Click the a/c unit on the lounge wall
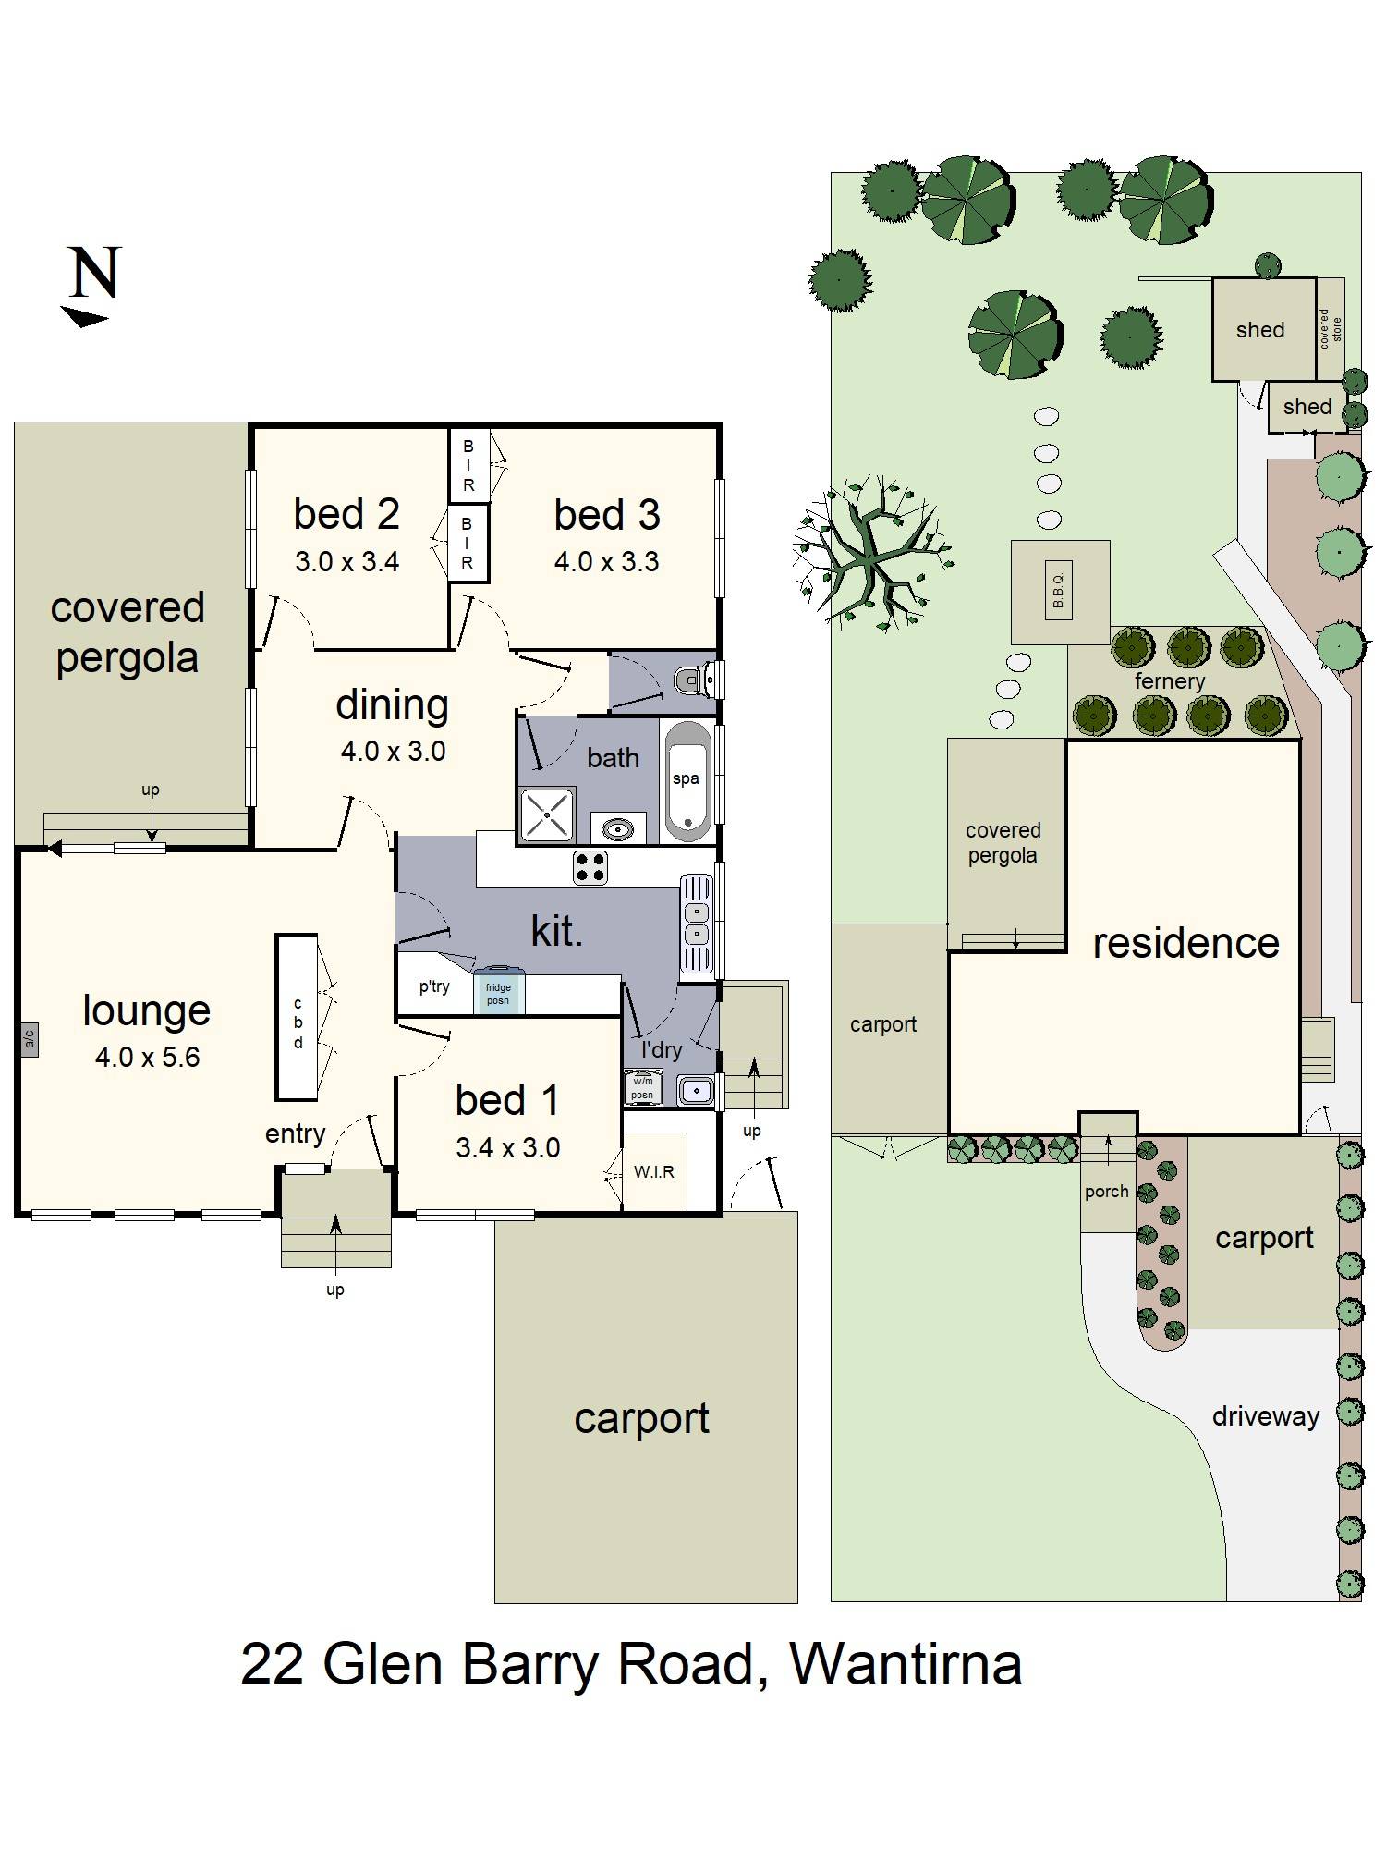pyautogui.click(x=30, y=1040)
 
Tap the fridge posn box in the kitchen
pyautogui.click(x=499, y=992)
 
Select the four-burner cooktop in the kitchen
pyautogui.click(x=590, y=867)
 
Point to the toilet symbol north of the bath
pyautogui.click(x=698, y=681)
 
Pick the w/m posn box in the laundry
pyautogui.click(x=642, y=1087)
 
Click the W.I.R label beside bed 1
pyautogui.click(x=654, y=1172)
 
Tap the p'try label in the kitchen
pyautogui.click(x=434, y=986)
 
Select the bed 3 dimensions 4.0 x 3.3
pyautogui.click(x=606, y=562)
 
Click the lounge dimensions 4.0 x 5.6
pyautogui.click(x=148, y=1057)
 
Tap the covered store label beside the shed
pyautogui.click(x=1331, y=329)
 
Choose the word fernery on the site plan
pyautogui.click(x=1170, y=681)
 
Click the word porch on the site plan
pyautogui.click(x=1107, y=1193)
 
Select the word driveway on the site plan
pyautogui.click(x=1266, y=1416)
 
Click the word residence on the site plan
pyautogui.click(x=1186, y=943)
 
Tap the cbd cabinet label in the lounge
pyautogui.click(x=298, y=1023)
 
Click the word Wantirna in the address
pyautogui.click(x=906, y=1665)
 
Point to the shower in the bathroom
pyautogui.click(x=548, y=814)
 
